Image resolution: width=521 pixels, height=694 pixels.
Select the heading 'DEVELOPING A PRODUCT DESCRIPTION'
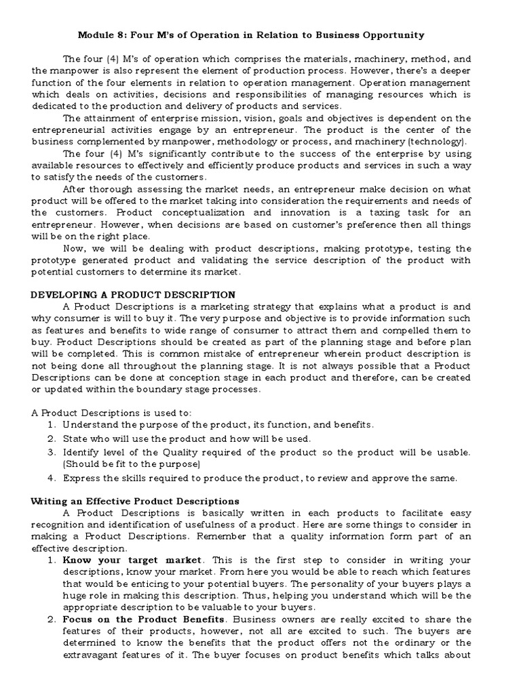134,295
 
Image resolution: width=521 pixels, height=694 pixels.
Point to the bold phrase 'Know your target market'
132,560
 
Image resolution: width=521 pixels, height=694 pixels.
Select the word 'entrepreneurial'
68,129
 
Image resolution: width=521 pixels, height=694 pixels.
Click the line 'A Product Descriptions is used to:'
112,413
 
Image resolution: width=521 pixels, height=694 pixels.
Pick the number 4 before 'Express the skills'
51,478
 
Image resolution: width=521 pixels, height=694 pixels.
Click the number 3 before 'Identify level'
51,452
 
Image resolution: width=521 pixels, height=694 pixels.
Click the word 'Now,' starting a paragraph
75,248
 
